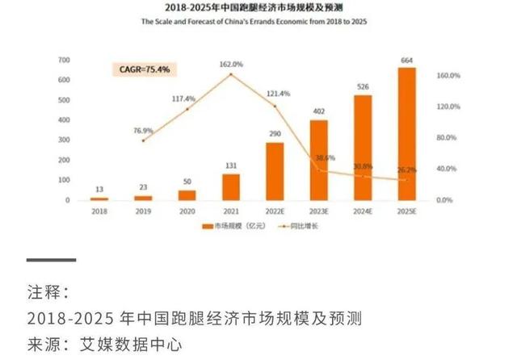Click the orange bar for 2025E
(x=407, y=134)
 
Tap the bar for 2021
(x=231, y=187)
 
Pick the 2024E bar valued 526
(x=363, y=148)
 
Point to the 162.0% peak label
(x=231, y=64)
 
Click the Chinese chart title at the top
(x=258, y=7)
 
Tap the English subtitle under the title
(x=258, y=22)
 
